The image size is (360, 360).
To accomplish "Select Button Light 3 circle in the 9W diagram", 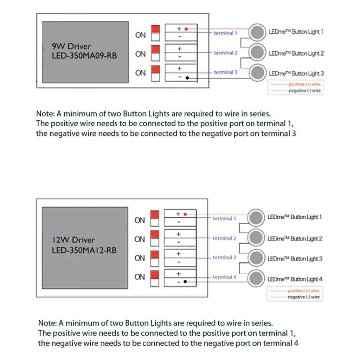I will pyautogui.click(x=257, y=73).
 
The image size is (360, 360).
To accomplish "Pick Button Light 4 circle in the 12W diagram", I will pyautogui.click(x=256, y=279).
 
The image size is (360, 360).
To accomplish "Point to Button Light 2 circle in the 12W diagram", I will pyautogui.click(x=256, y=238).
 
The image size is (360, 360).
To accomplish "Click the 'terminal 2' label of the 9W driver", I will pyautogui.click(x=225, y=53).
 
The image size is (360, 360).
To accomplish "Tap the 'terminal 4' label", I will pyautogui.click(x=224, y=277).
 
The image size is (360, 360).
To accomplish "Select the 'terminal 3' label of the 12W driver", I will pyautogui.click(x=224, y=258).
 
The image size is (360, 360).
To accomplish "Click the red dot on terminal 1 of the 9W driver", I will pyautogui.click(x=186, y=28).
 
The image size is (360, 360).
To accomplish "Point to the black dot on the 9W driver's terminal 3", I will pyautogui.click(x=187, y=78).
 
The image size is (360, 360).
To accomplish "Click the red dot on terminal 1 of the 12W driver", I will pyautogui.click(x=185, y=214).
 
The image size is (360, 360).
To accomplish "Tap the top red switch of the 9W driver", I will pyautogui.click(x=155, y=29).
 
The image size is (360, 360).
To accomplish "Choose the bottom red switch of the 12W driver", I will pyautogui.click(x=154, y=275).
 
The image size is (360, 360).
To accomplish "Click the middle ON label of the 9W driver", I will pyautogui.click(x=140, y=54).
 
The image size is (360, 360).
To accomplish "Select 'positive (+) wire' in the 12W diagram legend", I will pyautogui.click(x=303, y=291).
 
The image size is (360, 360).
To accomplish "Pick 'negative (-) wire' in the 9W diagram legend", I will pyautogui.click(x=304, y=91).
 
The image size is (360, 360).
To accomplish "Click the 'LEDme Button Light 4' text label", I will pyautogui.click(x=295, y=279).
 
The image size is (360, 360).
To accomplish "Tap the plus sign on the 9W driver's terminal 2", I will pyautogui.click(x=179, y=49).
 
